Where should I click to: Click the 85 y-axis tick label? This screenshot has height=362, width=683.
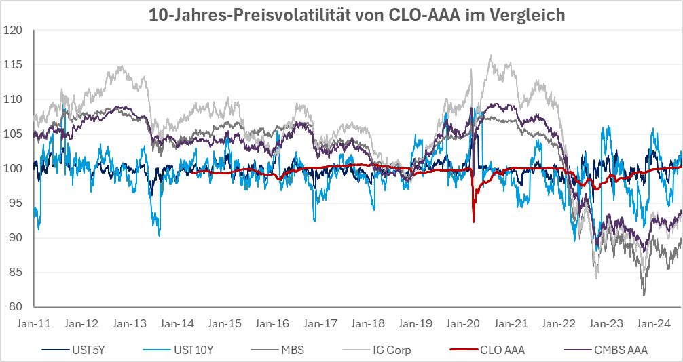[15, 272]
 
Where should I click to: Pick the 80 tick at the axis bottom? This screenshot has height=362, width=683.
[15, 306]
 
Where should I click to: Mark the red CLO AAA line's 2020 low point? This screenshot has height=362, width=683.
[473, 222]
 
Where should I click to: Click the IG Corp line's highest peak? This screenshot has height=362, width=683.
[491, 56]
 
